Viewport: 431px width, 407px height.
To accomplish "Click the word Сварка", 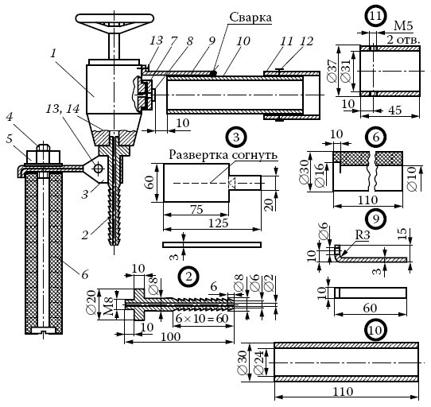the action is tap(250, 17).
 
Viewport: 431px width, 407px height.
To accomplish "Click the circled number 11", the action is tap(375, 16).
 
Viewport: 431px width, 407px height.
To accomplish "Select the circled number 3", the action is tap(236, 138).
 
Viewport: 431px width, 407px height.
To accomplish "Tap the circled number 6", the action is tap(376, 138).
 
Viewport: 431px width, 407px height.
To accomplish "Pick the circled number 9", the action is tap(376, 219).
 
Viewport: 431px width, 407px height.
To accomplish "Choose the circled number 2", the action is tap(188, 277).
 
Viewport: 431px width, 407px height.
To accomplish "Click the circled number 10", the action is tap(376, 330).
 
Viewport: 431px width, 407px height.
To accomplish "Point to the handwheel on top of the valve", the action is tap(115, 21).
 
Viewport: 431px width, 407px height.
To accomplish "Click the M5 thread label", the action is tap(403, 25).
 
